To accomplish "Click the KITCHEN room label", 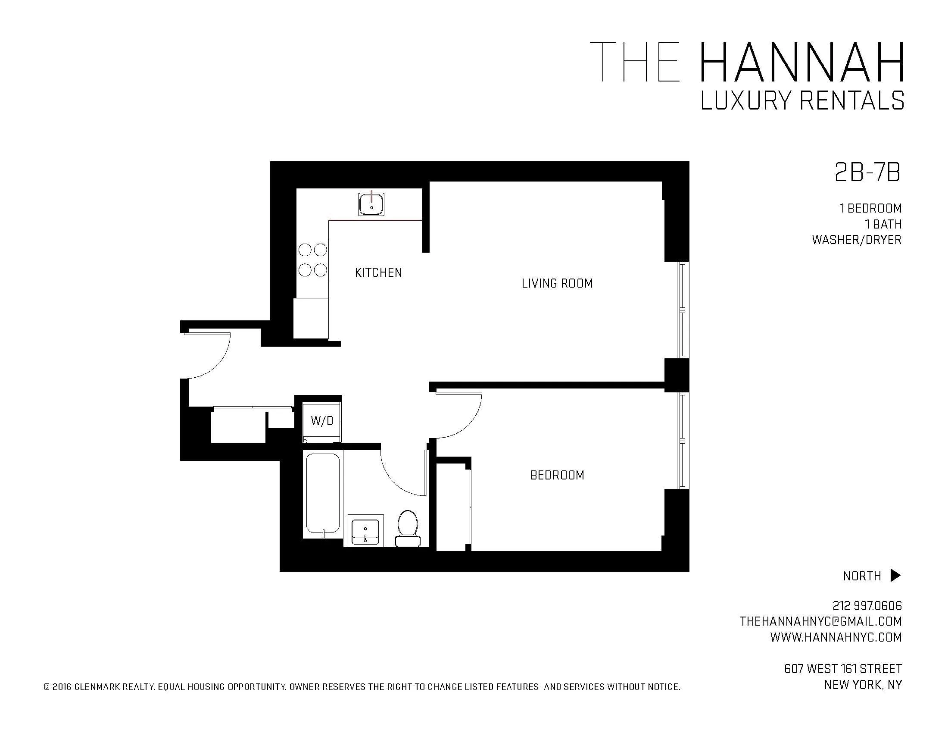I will (x=378, y=273).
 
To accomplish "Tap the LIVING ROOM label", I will (x=557, y=284).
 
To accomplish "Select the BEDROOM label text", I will (x=557, y=475).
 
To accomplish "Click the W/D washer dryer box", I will (x=321, y=421).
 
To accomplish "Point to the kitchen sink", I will (x=371, y=204).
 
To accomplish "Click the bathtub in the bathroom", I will (x=322, y=494).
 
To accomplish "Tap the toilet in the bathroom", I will (x=408, y=528).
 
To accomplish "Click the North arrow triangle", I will (x=895, y=575).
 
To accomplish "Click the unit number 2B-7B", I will (x=867, y=173).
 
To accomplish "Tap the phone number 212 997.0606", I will (x=867, y=605).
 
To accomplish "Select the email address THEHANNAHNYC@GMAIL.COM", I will (x=820, y=621).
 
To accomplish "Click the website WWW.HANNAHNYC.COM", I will (x=836, y=637).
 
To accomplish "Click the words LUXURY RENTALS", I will (x=802, y=101).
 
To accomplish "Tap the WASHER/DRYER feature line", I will (x=856, y=240).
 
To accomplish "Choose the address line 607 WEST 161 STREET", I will (x=843, y=669).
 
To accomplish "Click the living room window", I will (x=683, y=310).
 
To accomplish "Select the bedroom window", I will (x=683, y=441).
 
